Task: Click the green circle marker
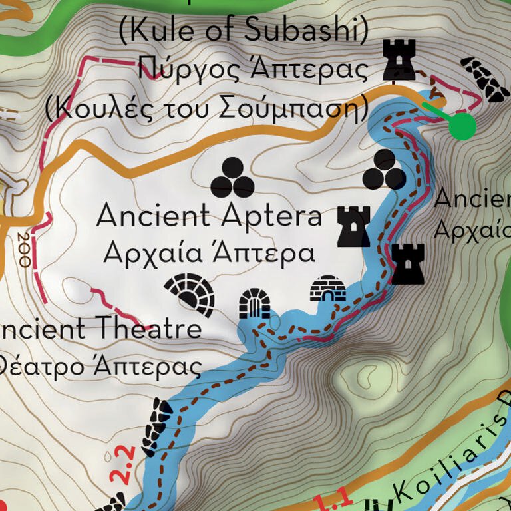click(x=462, y=126)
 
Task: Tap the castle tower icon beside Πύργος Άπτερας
click(x=399, y=59)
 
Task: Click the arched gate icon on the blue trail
click(x=255, y=305)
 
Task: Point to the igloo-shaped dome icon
click(x=328, y=289)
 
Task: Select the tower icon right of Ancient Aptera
click(x=353, y=226)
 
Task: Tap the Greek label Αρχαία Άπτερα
click(x=210, y=253)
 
